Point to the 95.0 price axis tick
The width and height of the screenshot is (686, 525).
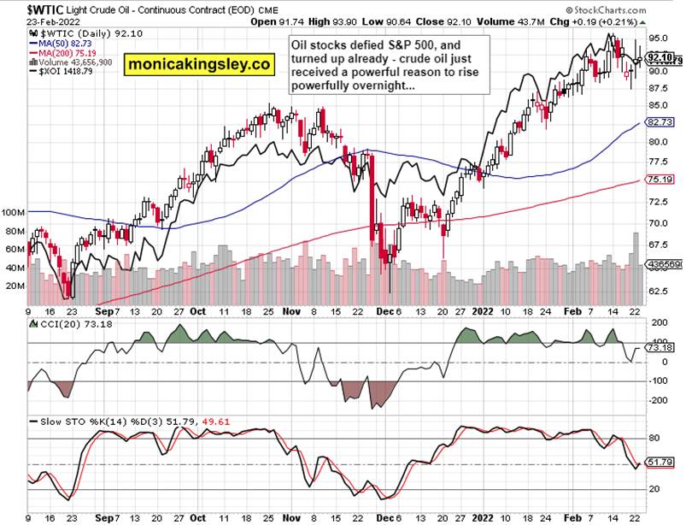[659, 38]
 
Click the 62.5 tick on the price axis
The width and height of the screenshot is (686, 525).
[659, 292]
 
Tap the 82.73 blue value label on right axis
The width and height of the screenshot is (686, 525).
[660, 123]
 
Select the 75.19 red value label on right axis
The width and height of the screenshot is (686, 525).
[660, 180]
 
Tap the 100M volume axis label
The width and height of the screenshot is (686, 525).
[15, 211]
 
